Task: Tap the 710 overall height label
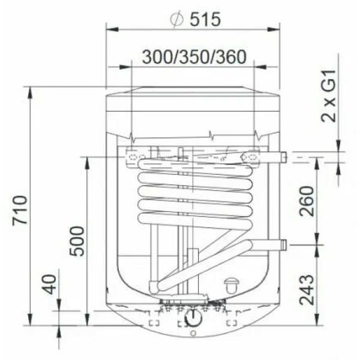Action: (x=20, y=209)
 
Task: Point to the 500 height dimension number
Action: (x=77, y=241)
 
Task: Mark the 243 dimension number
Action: (x=306, y=290)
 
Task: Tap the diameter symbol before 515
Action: (x=176, y=19)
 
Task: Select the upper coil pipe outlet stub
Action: (x=279, y=157)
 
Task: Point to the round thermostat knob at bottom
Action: (x=193, y=317)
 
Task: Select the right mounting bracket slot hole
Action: (x=251, y=157)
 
